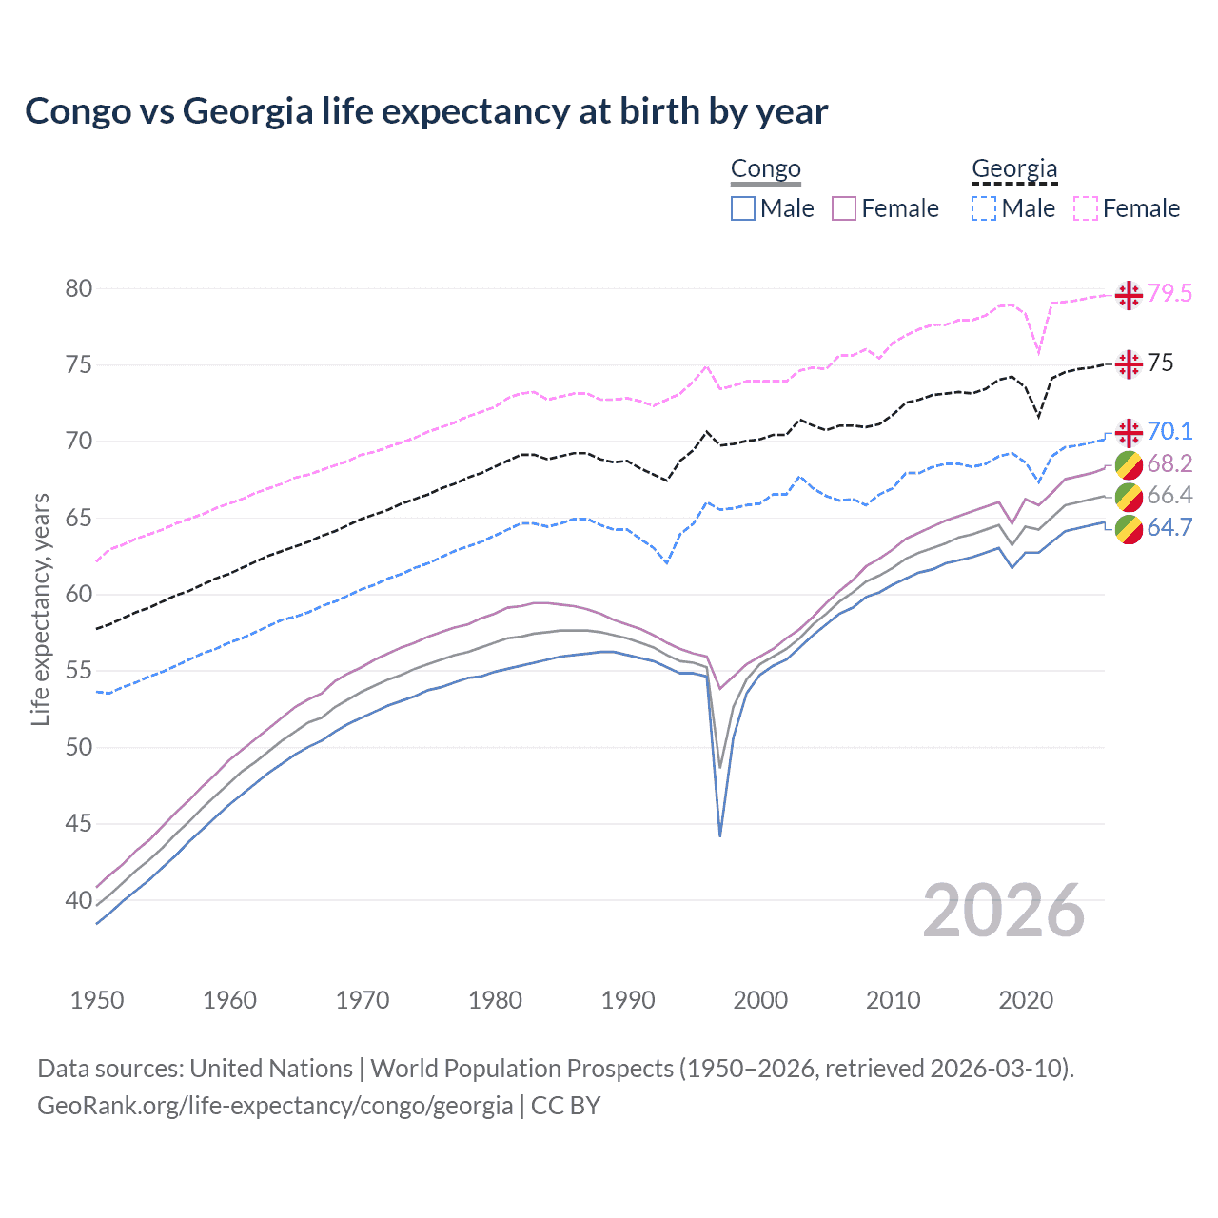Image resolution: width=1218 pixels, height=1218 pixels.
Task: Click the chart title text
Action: [x=426, y=111]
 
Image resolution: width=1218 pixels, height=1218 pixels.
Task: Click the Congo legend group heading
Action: [x=765, y=169]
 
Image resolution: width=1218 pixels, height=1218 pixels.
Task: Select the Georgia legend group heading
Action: [x=1014, y=169]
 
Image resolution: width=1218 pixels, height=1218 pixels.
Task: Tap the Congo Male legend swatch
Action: [x=743, y=208]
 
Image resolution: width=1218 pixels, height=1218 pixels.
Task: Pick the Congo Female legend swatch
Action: [x=844, y=208]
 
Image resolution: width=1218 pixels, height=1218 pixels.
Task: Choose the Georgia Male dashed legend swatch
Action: [x=984, y=208]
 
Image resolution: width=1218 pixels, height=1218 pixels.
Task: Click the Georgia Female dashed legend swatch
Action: [x=1086, y=208]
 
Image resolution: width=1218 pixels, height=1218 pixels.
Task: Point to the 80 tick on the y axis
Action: [x=78, y=288]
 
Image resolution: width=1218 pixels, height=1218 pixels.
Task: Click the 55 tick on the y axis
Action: [x=78, y=671]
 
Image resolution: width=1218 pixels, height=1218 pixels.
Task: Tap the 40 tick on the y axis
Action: [x=78, y=900]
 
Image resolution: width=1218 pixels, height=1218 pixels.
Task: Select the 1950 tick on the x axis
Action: [x=97, y=1000]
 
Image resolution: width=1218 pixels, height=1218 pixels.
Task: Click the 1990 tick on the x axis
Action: [x=628, y=1000]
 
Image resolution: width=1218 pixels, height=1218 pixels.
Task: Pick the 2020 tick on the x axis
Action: [x=1026, y=1000]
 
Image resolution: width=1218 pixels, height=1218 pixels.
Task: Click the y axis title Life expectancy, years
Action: [x=40, y=609]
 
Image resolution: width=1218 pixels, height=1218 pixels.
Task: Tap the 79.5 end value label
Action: [x=1169, y=294]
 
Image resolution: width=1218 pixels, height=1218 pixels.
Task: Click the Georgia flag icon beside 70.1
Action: [x=1129, y=433]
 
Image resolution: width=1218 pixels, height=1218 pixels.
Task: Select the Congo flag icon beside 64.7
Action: [x=1129, y=529]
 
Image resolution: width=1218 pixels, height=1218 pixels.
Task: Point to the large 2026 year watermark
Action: [x=1004, y=912]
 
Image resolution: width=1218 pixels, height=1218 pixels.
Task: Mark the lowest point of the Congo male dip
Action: [x=720, y=835]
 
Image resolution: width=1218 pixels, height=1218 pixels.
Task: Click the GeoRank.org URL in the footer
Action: [x=275, y=1106]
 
